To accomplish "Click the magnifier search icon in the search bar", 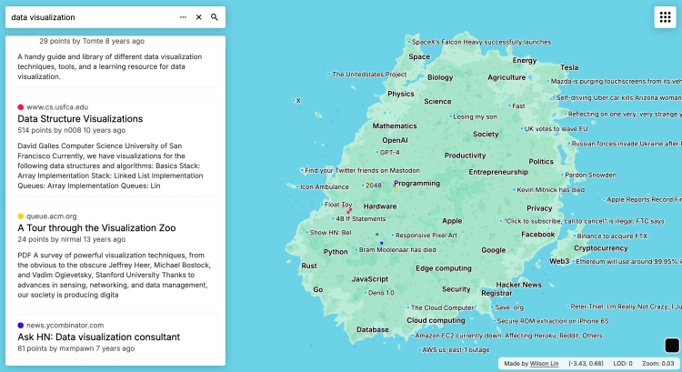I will [215, 17].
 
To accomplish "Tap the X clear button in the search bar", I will [198, 17].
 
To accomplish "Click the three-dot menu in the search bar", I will [183, 17].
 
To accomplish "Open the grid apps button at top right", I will [663, 18].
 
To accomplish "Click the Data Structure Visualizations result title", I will [80, 119].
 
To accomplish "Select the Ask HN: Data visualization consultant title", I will [98, 337].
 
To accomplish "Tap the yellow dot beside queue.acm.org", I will [21, 216].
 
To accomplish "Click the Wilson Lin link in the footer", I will [545, 364].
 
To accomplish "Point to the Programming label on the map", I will [416, 184].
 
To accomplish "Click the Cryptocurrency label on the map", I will [600, 247].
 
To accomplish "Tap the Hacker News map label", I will [518, 285].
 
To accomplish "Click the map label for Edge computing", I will [444, 268].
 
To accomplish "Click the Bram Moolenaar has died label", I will [397, 249].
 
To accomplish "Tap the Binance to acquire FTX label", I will [612, 236].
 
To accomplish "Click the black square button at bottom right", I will [672, 346].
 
